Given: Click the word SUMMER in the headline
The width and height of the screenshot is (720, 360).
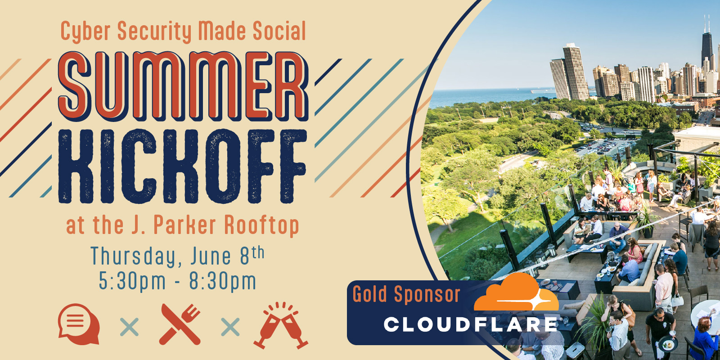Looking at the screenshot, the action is click(183, 86).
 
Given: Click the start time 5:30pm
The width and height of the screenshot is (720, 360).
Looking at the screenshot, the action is click(132, 281).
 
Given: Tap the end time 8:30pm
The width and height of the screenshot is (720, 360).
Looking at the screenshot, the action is click(223, 281).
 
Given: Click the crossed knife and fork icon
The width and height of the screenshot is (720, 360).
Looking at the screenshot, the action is click(180, 324).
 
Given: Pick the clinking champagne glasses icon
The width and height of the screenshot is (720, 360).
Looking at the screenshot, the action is click(281, 325).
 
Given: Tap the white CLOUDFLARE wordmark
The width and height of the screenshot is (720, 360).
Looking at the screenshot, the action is click(471, 324).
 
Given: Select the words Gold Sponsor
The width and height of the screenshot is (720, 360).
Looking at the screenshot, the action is click(407, 294).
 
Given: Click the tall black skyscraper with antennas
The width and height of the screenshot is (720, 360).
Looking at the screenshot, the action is click(707, 45).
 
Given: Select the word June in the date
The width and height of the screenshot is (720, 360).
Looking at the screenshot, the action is click(211, 256).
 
